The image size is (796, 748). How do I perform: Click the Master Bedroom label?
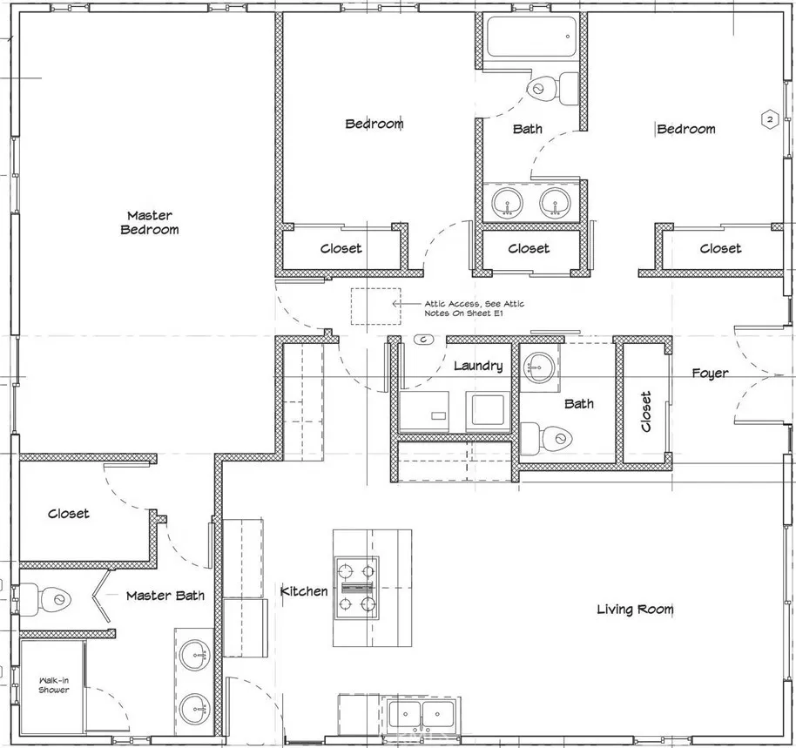(150, 222)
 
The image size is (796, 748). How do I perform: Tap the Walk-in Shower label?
(54, 685)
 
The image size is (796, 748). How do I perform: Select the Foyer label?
(710, 374)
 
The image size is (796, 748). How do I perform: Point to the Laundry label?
(478, 366)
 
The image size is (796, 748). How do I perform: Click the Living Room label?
(635, 609)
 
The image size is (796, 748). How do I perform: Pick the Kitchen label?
(304, 590)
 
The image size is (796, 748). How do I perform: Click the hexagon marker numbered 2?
(770, 120)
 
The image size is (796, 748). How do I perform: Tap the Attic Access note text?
(474, 308)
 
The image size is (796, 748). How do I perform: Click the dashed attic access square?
(375, 306)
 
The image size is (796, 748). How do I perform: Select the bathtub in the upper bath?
(531, 37)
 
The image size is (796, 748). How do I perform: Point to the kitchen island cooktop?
(357, 588)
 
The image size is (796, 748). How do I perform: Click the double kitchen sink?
(422, 715)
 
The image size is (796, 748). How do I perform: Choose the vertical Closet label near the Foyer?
(645, 411)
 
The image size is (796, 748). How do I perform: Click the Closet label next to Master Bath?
(69, 514)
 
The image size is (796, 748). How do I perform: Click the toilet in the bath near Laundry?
(547, 437)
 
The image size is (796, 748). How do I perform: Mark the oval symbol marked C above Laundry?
(424, 339)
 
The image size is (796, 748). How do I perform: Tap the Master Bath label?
(165, 596)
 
